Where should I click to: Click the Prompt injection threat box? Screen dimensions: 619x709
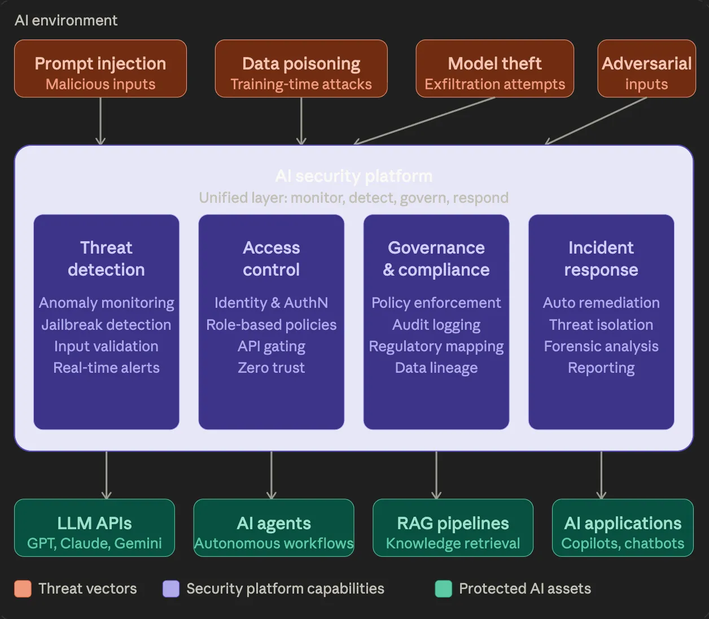point(100,69)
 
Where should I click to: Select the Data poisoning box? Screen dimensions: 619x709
point(301,69)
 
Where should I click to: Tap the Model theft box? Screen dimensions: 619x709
point(494,69)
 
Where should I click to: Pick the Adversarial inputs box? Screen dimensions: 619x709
point(646,69)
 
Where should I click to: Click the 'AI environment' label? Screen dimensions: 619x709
point(66,20)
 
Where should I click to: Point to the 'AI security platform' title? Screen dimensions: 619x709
point(354,176)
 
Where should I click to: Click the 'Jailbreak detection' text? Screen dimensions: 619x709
point(106,325)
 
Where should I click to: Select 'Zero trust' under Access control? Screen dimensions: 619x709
point(271,368)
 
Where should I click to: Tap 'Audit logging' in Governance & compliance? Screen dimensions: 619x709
point(436,325)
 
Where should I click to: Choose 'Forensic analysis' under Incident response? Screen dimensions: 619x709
point(601,346)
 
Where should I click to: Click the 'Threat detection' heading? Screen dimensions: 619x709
point(106,259)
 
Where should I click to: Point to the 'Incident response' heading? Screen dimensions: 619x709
point(601,259)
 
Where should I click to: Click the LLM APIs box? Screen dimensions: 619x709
point(94,528)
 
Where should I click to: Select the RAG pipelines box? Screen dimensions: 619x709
point(453,528)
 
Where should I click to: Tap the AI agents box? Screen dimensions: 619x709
point(274,528)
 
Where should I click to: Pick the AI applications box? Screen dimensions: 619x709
point(623,528)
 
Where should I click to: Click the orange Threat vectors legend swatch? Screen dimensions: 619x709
point(23,589)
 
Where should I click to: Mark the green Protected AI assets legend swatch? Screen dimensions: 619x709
point(444,589)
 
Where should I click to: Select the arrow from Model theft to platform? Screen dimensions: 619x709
point(424,121)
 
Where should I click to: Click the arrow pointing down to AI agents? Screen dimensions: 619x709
point(272,474)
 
